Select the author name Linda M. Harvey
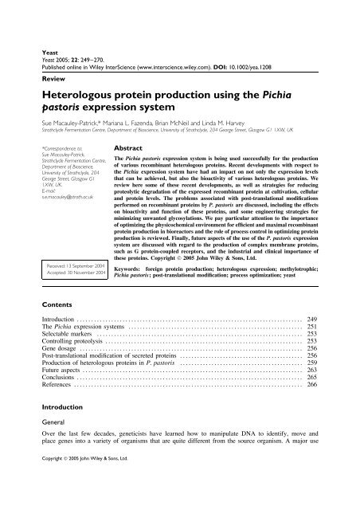(249, 104)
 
